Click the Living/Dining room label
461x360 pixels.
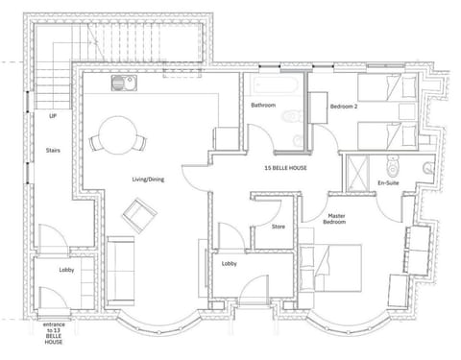(x=148, y=180)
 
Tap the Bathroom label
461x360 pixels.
(x=263, y=105)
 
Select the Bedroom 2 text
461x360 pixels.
(x=344, y=107)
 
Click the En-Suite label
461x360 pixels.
(x=388, y=183)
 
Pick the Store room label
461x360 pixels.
(x=279, y=227)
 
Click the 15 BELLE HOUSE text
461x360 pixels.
(x=285, y=168)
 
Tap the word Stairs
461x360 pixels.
(x=53, y=150)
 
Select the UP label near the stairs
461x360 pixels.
(x=53, y=116)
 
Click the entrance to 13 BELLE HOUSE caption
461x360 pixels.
(x=54, y=333)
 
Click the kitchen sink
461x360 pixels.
(x=124, y=83)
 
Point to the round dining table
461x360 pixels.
(x=118, y=135)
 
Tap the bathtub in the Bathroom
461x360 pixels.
(x=276, y=84)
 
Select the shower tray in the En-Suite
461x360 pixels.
(x=357, y=173)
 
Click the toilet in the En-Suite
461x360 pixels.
(x=393, y=166)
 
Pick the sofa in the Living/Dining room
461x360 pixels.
(x=120, y=271)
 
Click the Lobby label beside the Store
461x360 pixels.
(x=230, y=264)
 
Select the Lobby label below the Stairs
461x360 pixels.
(x=66, y=270)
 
